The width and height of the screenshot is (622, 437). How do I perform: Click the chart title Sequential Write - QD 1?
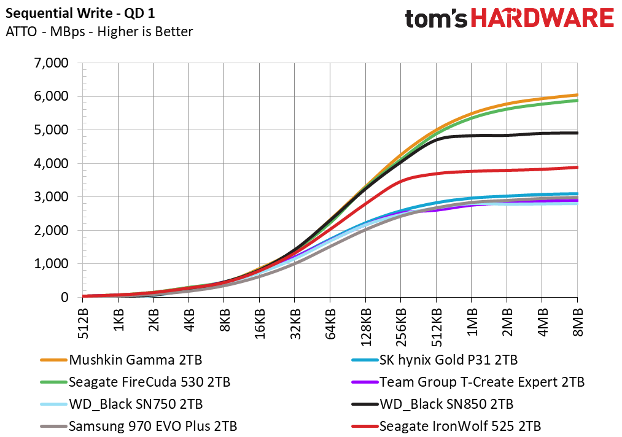[80, 13]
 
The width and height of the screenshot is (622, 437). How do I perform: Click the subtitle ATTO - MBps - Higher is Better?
[99, 32]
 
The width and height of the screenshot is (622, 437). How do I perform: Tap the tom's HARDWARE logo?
[510, 18]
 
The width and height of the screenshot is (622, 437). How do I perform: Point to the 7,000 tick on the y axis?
[51, 63]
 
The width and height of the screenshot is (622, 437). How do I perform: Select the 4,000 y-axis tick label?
[51, 163]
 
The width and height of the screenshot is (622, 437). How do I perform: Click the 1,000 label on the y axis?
[51, 264]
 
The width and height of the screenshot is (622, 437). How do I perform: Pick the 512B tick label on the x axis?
[84, 324]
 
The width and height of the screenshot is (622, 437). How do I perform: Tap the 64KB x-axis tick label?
[330, 324]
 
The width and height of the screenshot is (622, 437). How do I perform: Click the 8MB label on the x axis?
[578, 322]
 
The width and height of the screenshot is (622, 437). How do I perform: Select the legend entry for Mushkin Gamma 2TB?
[121, 360]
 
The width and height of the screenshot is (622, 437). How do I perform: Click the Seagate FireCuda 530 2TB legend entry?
[135, 382]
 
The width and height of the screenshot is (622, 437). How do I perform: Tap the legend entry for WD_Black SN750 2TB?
[122, 404]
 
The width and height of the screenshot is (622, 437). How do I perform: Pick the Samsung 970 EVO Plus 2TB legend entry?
[138, 427]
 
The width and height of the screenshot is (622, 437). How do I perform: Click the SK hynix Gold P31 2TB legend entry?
[434, 360]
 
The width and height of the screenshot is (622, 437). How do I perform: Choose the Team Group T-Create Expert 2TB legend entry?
[468, 382]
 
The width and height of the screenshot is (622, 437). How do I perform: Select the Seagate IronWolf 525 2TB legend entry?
[446, 427]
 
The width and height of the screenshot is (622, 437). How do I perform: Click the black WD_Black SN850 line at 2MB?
[507, 135]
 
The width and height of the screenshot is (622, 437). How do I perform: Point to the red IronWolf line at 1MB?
[472, 171]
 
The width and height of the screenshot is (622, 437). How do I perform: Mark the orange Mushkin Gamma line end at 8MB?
[577, 95]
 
